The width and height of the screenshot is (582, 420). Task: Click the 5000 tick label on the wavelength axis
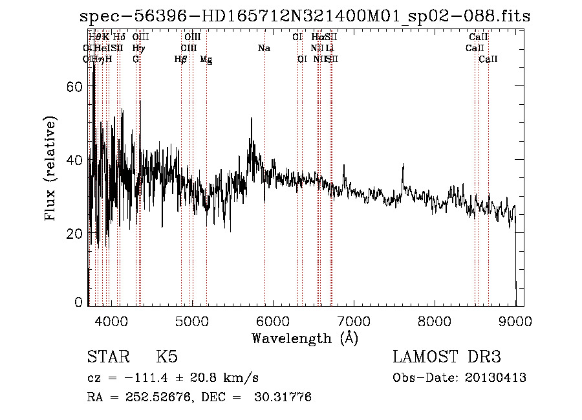(191, 321)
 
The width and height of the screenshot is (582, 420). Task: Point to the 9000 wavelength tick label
(515, 321)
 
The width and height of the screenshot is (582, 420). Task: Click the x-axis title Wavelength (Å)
(305, 338)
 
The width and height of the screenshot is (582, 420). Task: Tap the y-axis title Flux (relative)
(51, 168)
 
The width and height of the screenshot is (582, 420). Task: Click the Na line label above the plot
(264, 49)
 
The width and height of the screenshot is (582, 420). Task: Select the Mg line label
(206, 60)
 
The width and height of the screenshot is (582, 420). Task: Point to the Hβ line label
(180, 60)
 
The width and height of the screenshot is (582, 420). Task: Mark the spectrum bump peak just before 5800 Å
(252, 120)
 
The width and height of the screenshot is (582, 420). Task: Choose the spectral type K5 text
(167, 357)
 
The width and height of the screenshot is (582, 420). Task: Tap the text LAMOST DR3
(446, 357)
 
